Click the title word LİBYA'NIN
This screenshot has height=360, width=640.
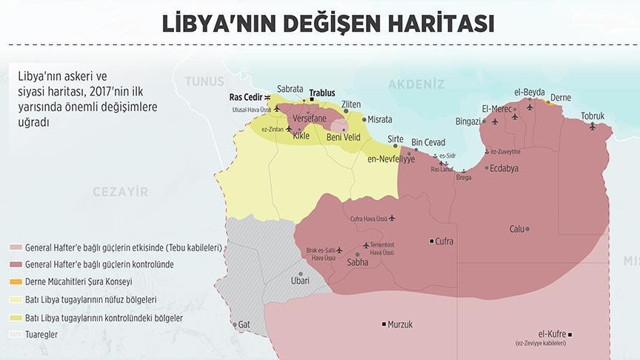click(x=224, y=21)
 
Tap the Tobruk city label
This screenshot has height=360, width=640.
click(x=593, y=116)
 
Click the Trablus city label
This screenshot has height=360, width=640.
click(x=321, y=92)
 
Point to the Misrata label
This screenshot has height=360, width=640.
click(x=380, y=119)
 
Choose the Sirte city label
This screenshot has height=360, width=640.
click(x=396, y=139)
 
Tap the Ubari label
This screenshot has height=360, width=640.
click(x=299, y=282)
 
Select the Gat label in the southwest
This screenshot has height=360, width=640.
click(x=243, y=325)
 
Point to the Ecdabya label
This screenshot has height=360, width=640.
click(x=502, y=169)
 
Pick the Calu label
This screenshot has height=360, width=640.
click(x=517, y=229)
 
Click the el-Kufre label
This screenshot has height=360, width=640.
click(x=553, y=334)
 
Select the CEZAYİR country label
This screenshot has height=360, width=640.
click(x=120, y=191)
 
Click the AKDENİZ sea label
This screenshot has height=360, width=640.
click(x=415, y=83)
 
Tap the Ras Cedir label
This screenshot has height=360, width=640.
click(x=246, y=97)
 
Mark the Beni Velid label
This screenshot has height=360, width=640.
click(x=344, y=137)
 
